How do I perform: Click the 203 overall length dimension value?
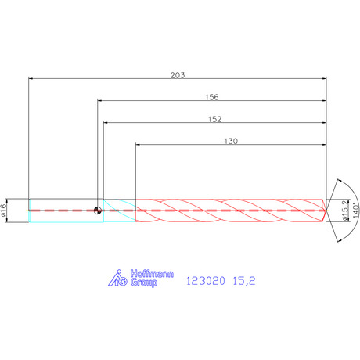click(x=178, y=75)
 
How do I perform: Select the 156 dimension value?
click(x=212, y=97)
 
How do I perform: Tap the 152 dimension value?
click(x=214, y=119)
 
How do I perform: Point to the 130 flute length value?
click(x=231, y=141)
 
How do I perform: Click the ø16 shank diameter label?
click(x=3, y=211)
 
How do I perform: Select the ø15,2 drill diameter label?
click(x=345, y=211)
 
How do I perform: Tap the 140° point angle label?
click(x=356, y=211)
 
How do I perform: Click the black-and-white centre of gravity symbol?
click(x=98, y=211)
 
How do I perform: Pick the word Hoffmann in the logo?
click(x=152, y=274)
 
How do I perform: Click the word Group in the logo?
click(x=144, y=283)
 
